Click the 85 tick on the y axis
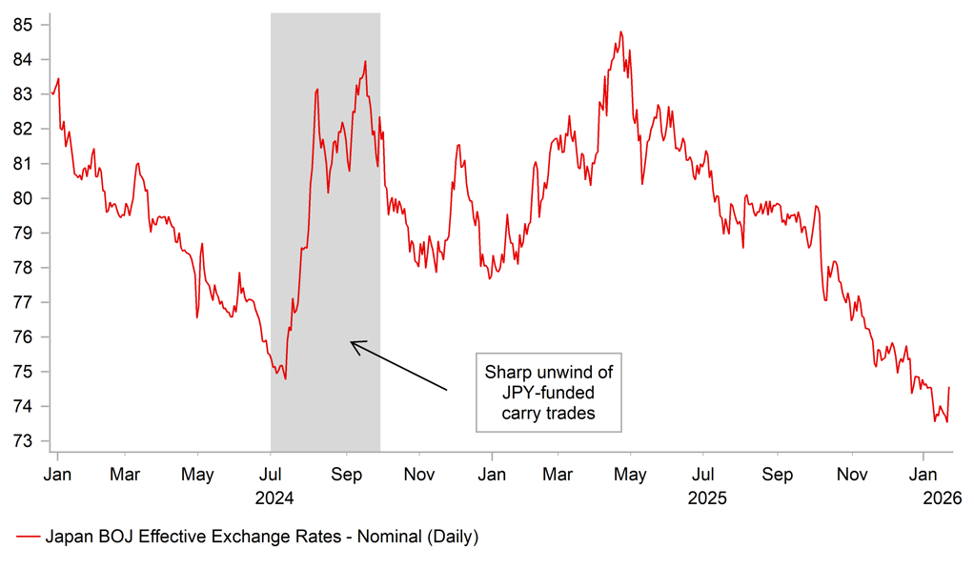pos(23,25)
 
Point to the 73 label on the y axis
pos(23,441)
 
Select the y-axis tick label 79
pos(23,233)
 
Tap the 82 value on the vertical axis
pos(23,129)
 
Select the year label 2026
pos(942,498)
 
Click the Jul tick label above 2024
pos(271,474)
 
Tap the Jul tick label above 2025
pos(703,474)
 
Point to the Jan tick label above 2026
pos(923,474)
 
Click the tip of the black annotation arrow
pos(351,342)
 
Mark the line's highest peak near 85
pos(620,31)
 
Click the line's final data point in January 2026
pos(949,387)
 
